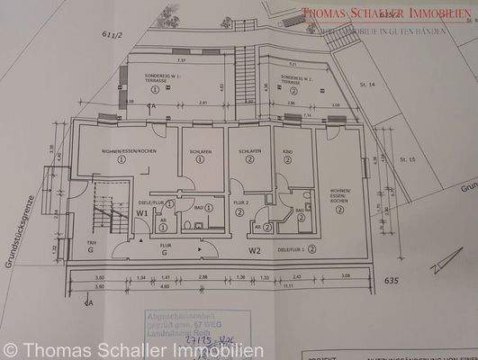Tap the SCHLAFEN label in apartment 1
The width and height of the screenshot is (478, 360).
[x=201, y=153]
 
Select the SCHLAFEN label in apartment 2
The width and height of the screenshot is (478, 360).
[x=249, y=152]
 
